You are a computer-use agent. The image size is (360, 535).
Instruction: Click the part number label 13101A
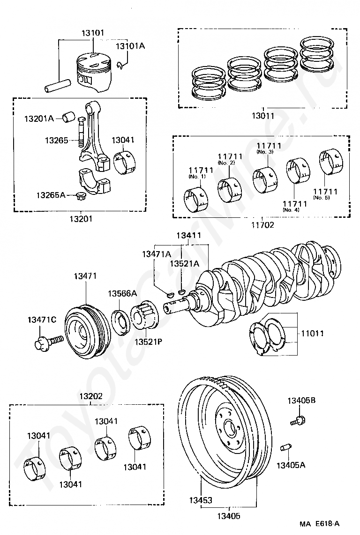(130, 46)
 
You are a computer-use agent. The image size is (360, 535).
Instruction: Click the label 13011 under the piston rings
(263, 116)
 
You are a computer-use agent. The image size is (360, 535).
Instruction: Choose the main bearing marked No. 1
(195, 200)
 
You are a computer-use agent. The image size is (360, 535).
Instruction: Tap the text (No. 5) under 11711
(322, 198)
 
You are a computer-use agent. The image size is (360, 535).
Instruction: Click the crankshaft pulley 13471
(88, 331)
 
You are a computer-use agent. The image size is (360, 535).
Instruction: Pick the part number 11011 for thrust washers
(312, 334)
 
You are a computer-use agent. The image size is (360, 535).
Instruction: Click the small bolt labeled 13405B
(298, 420)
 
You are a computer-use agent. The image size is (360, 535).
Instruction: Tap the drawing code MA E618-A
(320, 524)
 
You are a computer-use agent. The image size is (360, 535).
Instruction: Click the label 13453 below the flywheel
(201, 500)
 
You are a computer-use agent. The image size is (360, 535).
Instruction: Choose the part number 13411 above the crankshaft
(189, 236)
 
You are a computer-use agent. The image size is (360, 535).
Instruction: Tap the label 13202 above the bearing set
(91, 396)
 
